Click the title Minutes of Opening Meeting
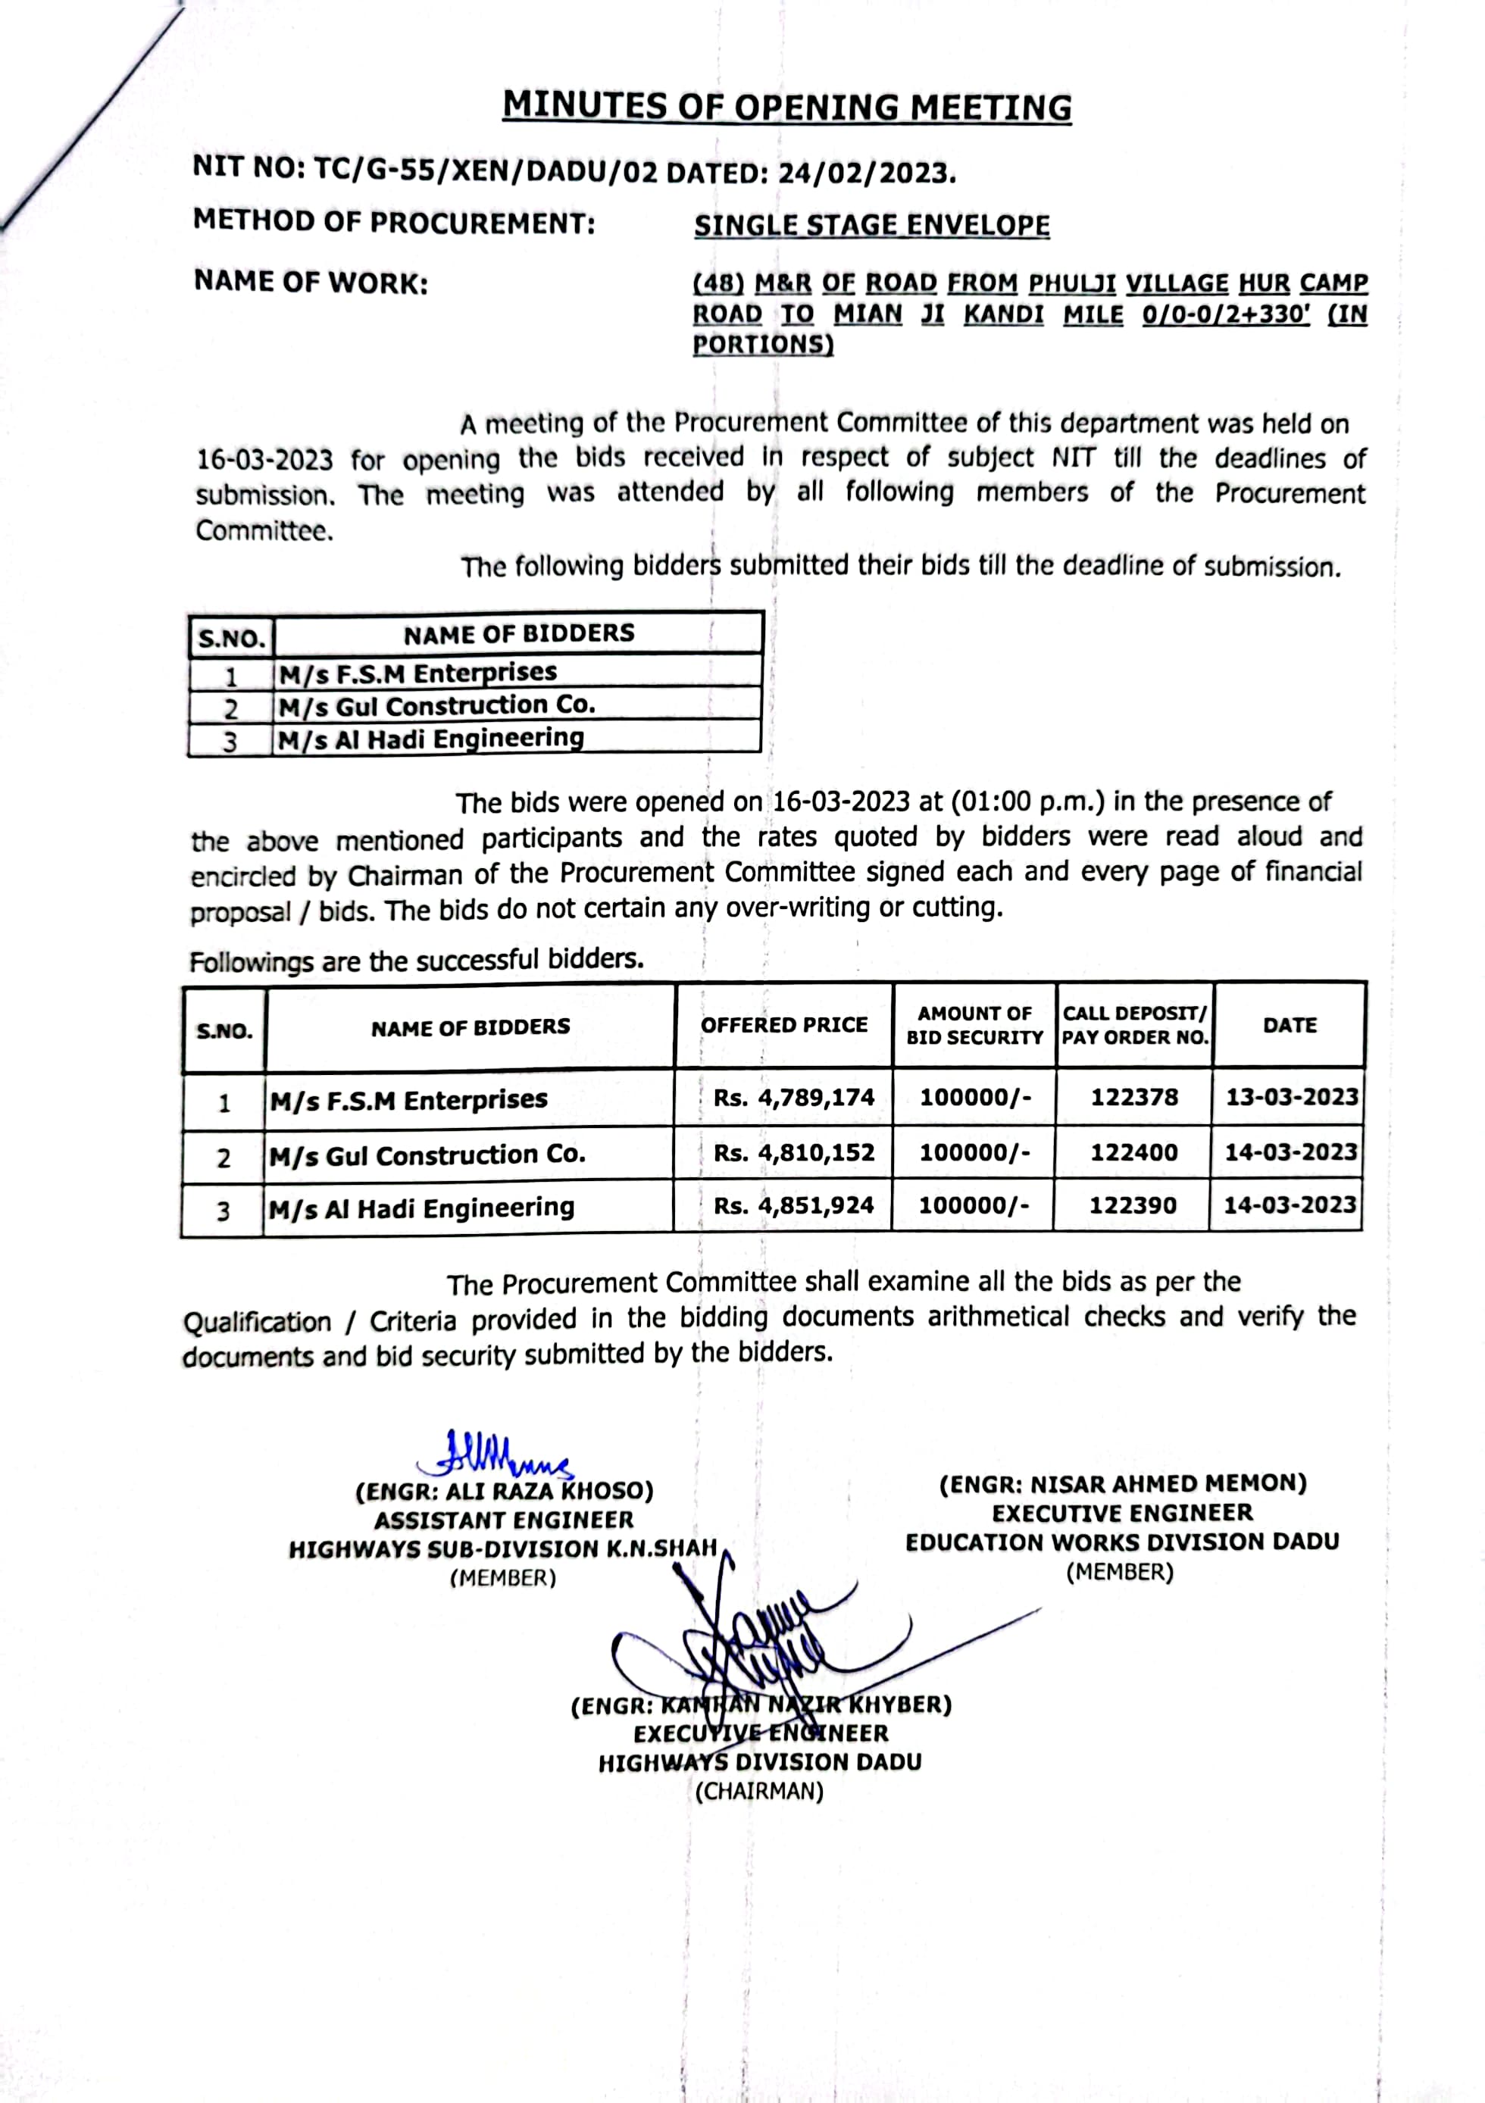pyautogui.click(x=787, y=107)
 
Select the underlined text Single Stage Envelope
pyautogui.click(x=871, y=225)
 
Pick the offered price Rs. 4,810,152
pyautogui.click(x=793, y=1152)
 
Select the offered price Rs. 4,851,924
pyautogui.click(x=793, y=1205)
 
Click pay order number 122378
pyautogui.click(x=1134, y=1097)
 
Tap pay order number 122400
pyautogui.click(x=1134, y=1152)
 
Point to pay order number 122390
pyautogui.click(x=1133, y=1205)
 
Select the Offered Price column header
pyautogui.click(x=784, y=1025)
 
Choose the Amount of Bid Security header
pyautogui.click(x=975, y=1025)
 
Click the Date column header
pyautogui.click(x=1290, y=1025)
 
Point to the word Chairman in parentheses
pyautogui.click(x=759, y=1792)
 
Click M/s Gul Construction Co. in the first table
pyautogui.click(x=437, y=706)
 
